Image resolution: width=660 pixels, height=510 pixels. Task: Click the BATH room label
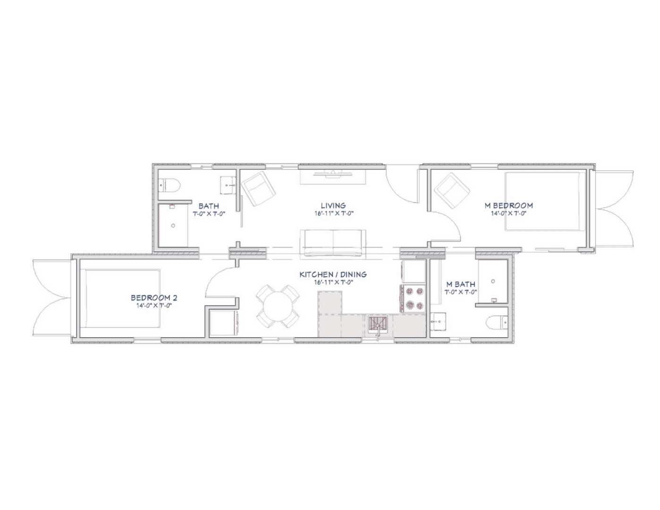[x=208, y=205]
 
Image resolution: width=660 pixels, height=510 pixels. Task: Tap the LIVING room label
[x=333, y=205]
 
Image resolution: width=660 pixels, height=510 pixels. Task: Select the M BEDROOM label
[x=508, y=205]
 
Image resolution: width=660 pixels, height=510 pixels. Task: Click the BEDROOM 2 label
[x=154, y=297]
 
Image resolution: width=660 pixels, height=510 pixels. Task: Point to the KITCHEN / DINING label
[x=333, y=274]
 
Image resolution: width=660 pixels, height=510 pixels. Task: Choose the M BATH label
[x=460, y=284]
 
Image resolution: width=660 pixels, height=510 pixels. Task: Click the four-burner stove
[x=414, y=298]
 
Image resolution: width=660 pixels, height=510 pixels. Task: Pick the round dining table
[x=278, y=306]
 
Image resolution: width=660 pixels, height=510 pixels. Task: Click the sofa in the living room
[x=333, y=243]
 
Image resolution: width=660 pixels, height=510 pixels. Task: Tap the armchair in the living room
[x=258, y=188]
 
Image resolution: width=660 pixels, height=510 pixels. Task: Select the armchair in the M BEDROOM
[x=452, y=191]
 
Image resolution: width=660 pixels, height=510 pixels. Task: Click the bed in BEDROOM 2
[x=120, y=298]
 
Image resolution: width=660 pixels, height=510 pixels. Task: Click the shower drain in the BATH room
[x=173, y=226]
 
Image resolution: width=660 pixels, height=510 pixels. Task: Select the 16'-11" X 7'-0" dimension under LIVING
[x=334, y=213]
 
